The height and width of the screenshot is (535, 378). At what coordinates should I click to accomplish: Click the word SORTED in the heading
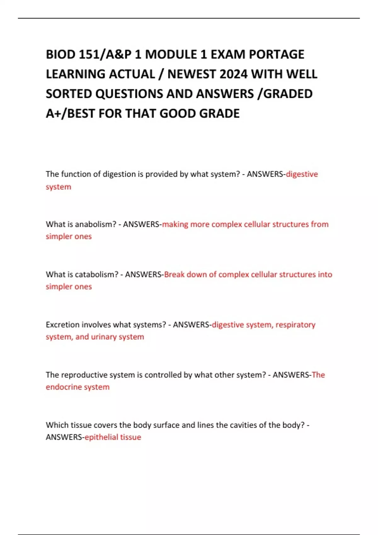69,94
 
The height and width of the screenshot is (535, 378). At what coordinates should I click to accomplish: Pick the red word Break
174,274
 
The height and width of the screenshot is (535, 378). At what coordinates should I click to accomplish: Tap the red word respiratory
295,324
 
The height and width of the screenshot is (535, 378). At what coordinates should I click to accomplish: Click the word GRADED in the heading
288,94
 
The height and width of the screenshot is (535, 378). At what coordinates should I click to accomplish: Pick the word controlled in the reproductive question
163,375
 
